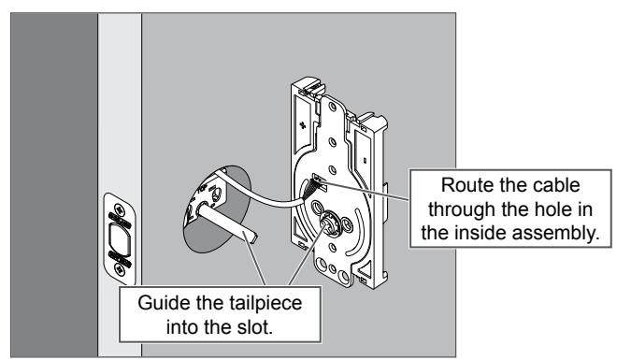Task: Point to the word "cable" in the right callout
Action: coord(556,185)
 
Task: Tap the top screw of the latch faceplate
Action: coord(120,209)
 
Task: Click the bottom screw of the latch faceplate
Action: coord(120,269)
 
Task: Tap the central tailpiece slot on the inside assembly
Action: coord(331,223)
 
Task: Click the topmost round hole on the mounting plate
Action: coord(332,107)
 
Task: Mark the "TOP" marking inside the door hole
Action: coord(201,187)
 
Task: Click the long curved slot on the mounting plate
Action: coord(353,238)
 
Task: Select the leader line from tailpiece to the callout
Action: coord(254,262)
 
